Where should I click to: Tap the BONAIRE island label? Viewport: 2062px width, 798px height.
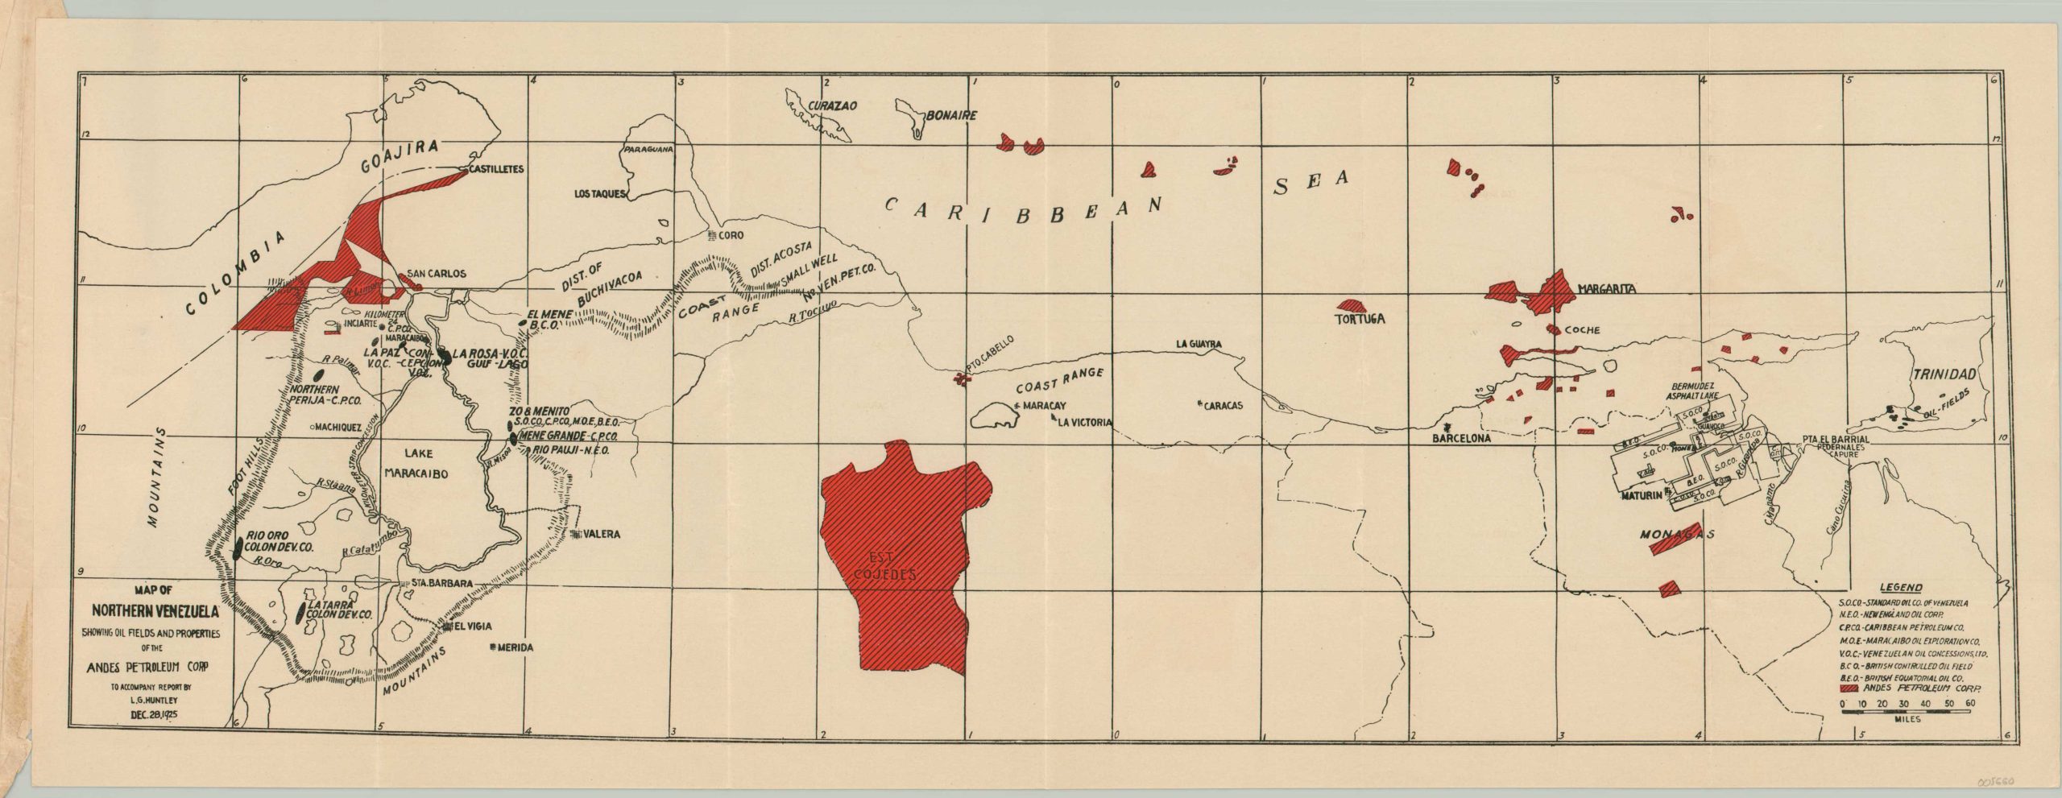click(951, 116)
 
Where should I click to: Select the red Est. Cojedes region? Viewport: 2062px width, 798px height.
click(898, 556)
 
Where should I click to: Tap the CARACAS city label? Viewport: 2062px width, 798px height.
click(1223, 407)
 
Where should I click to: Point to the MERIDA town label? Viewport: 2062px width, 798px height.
click(516, 647)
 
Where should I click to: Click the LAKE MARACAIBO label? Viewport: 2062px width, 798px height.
click(416, 465)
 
